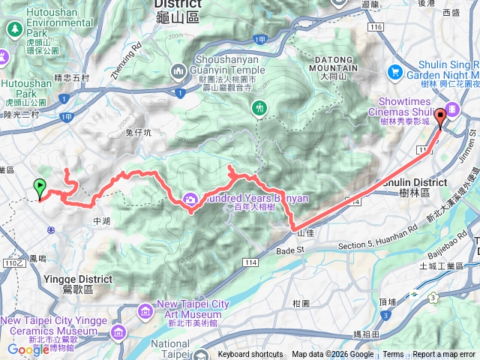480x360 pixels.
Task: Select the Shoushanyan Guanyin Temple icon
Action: click(179, 71)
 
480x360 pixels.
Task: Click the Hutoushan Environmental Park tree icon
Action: click(14, 29)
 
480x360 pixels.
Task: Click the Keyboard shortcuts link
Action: click(250, 355)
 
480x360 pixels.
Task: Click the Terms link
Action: click(393, 355)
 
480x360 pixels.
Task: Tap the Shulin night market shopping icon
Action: click(395, 71)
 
